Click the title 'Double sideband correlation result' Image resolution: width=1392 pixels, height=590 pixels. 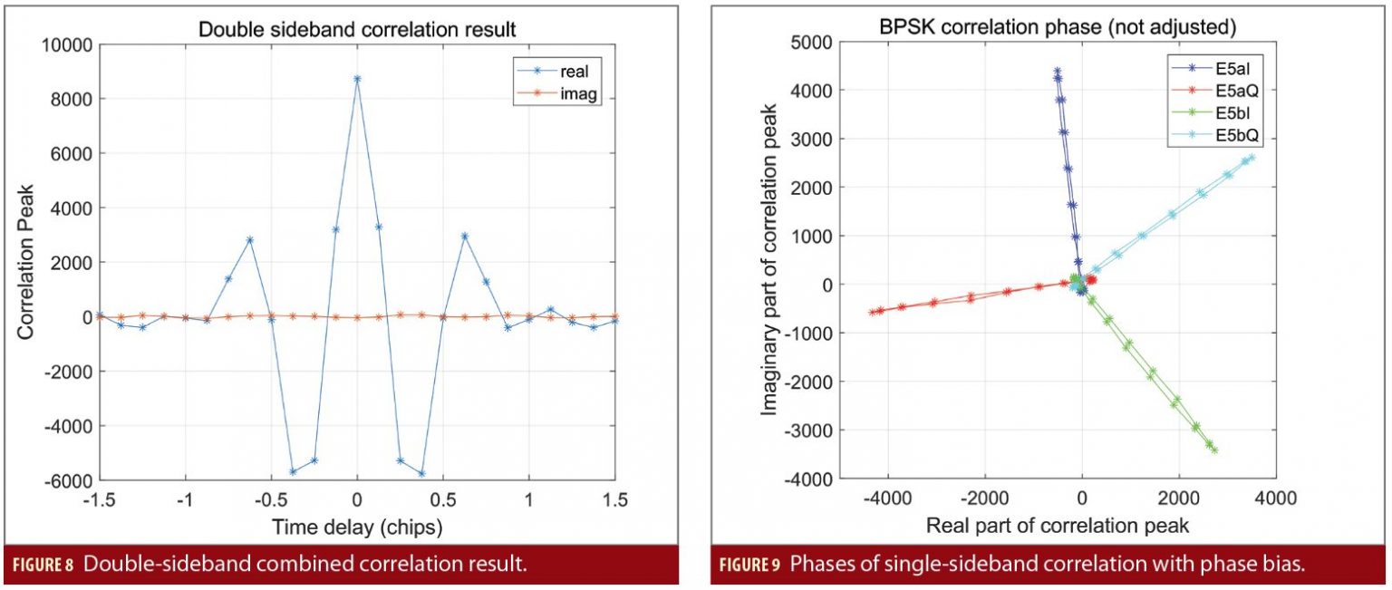[357, 29]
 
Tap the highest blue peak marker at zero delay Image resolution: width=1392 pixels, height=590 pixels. [357, 79]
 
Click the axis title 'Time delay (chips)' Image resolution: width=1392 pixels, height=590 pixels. [357, 525]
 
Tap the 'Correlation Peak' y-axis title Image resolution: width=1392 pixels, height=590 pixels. [25, 262]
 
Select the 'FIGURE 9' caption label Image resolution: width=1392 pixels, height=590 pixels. [749, 566]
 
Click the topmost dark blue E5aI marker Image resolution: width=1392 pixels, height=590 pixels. [1057, 71]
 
